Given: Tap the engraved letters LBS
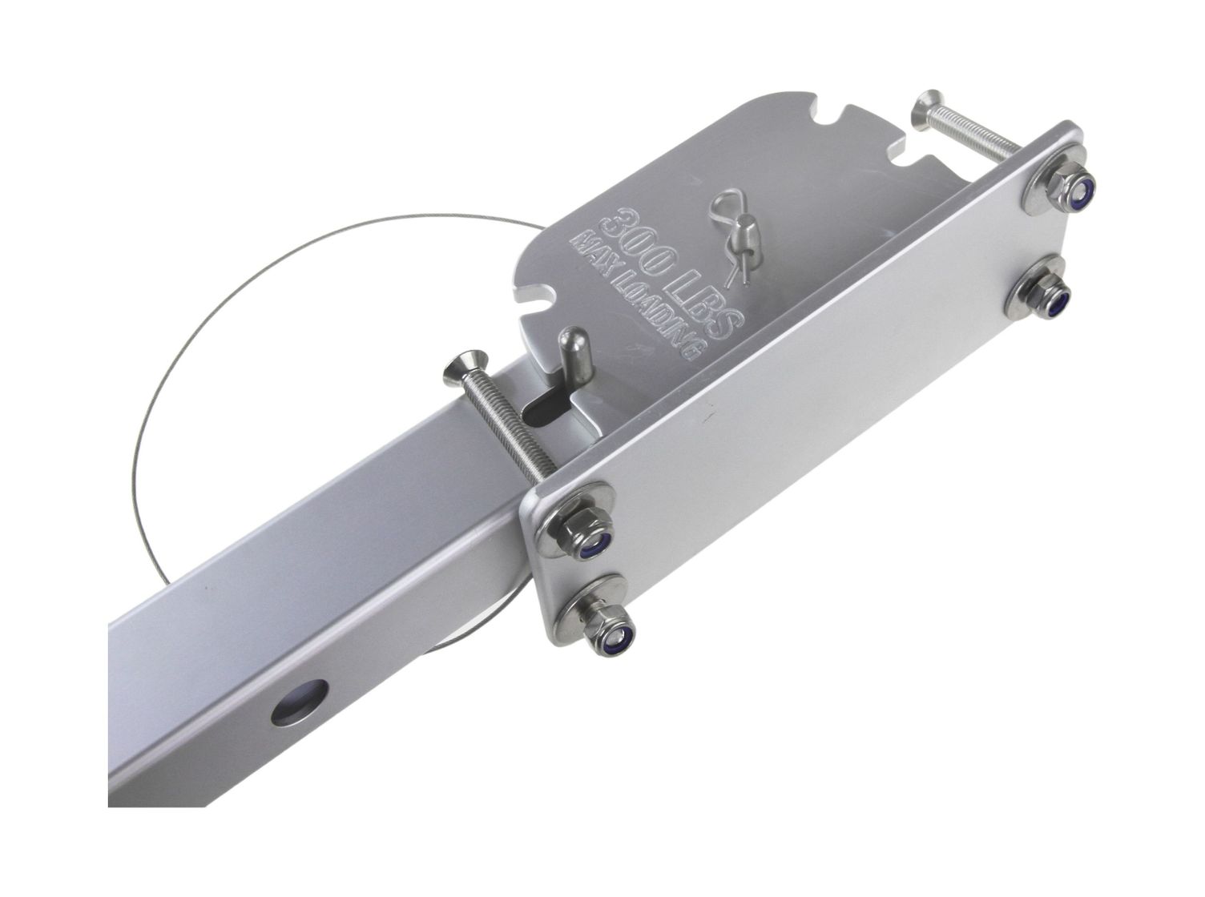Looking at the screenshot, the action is pos(711,306).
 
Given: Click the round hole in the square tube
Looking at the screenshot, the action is pos(300,702).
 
